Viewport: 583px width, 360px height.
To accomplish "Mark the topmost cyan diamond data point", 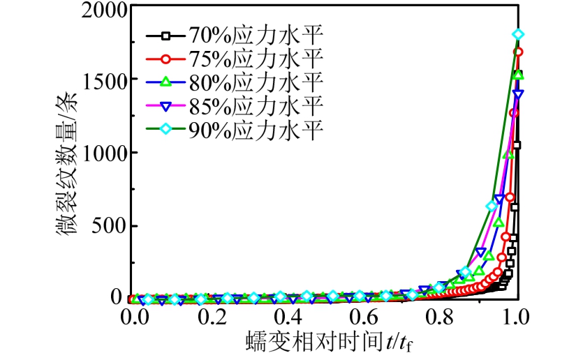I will click(518, 34).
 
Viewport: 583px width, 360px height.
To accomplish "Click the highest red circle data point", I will click(518, 52).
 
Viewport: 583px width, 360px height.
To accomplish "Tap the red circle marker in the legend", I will click(165, 59).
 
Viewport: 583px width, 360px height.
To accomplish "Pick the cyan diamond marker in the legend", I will click(165, 130).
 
